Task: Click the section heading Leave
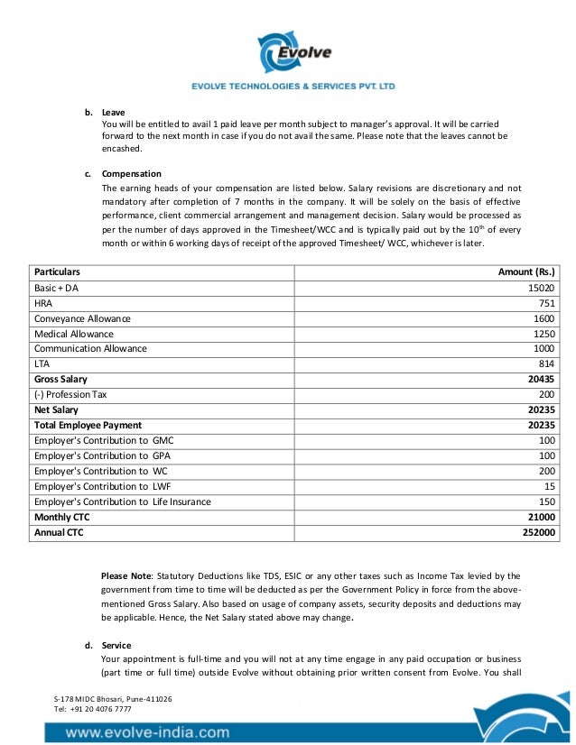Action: [x=113, y=113]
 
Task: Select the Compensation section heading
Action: [x=132, y=173]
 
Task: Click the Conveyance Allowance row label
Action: [x=82, y=318]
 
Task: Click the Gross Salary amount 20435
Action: [x=541, y=379]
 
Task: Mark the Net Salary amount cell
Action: [x=541, y=409]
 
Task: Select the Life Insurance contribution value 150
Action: [x=546, y=501]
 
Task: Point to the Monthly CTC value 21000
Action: [x=541, y=517]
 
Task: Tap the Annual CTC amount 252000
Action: [x=538, y=532]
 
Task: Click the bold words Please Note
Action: [x=126, y=575]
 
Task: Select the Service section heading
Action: [x=116, y=645]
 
